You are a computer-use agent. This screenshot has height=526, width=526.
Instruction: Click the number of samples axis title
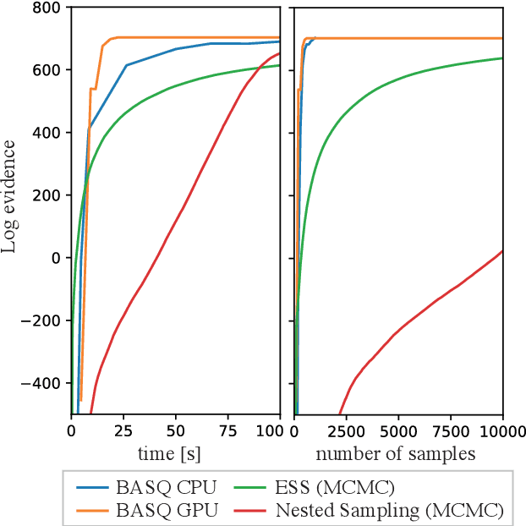[x=396, y=454]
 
